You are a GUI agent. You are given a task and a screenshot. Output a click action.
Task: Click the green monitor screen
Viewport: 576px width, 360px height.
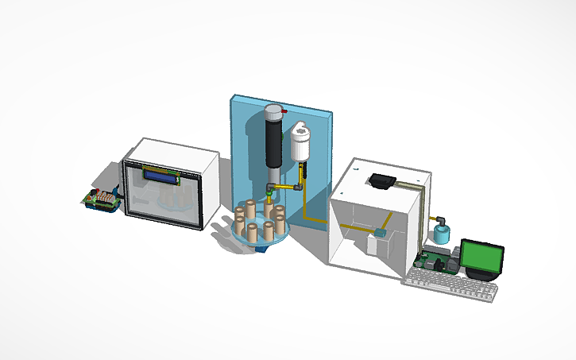click(483, 254)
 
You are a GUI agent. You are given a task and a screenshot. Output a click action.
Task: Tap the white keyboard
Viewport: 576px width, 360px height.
click(450, 285)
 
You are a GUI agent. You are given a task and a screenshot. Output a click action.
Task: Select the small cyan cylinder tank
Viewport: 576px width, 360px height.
click(439, 234)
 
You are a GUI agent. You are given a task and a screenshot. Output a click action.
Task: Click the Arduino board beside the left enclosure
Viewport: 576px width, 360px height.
click(102, 199)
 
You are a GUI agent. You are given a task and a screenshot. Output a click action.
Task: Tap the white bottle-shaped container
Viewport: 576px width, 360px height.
click(300, 144)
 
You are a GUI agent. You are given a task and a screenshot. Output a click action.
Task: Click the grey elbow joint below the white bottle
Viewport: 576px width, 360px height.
click(298, 188)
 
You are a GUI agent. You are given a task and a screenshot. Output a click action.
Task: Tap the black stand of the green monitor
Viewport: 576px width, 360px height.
click(481, 273)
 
